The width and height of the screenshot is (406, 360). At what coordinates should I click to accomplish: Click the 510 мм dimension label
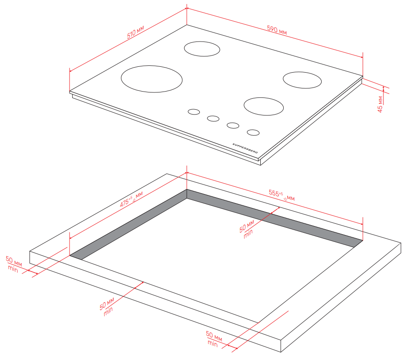click(x=135, y=32)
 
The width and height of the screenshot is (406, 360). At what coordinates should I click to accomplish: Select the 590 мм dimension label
click(x=277, y=29)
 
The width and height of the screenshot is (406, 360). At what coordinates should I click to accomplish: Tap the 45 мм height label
click(x=380, y=104)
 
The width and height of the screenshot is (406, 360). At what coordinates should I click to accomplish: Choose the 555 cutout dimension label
click(x=281, y=195)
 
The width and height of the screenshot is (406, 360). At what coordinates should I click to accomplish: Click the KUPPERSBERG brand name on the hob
click(x=245, y=148)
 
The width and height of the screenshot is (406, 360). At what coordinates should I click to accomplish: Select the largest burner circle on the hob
click(x=152, y=79)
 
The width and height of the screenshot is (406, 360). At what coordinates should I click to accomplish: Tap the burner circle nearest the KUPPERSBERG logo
click(x=263, y=106)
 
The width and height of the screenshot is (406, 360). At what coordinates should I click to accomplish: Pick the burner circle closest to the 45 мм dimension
click(x=302, y=80)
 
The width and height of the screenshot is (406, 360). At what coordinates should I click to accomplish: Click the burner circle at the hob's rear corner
click(x=202, y=49)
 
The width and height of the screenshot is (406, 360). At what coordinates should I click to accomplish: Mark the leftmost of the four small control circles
click(x=194, y=111)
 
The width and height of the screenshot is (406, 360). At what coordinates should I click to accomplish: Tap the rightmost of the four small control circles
click(x=253, y=132)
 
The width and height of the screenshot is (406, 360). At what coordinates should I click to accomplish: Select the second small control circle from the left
click(x=213, y=118)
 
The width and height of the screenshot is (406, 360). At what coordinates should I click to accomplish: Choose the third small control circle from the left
click(x=233, y=125)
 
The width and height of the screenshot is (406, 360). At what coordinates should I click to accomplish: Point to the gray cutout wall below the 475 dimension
click(x=129, y=224)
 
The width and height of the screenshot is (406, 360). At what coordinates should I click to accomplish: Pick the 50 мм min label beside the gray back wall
click(x=247, y=229)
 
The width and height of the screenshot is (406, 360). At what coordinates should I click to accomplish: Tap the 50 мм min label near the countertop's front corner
click(x=214, y=338)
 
